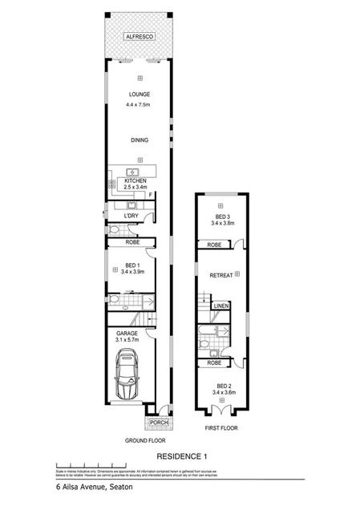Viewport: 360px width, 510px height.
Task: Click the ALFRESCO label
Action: pos(140,38)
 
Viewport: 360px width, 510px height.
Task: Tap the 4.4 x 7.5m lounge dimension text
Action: pos(140,104)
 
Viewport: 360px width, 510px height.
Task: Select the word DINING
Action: pos(140,140)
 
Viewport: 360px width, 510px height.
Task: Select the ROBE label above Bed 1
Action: pos(134,241)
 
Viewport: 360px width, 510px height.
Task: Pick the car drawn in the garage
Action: pos(130,377)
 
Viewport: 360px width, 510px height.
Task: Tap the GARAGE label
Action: pos(127,333)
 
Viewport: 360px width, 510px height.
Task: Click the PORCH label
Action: pos(156,422)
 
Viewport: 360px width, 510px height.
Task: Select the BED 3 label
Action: pos(222,216)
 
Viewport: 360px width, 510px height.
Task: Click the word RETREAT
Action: pos(220,275)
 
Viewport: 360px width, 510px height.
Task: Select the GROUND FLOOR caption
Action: pos(144,441)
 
